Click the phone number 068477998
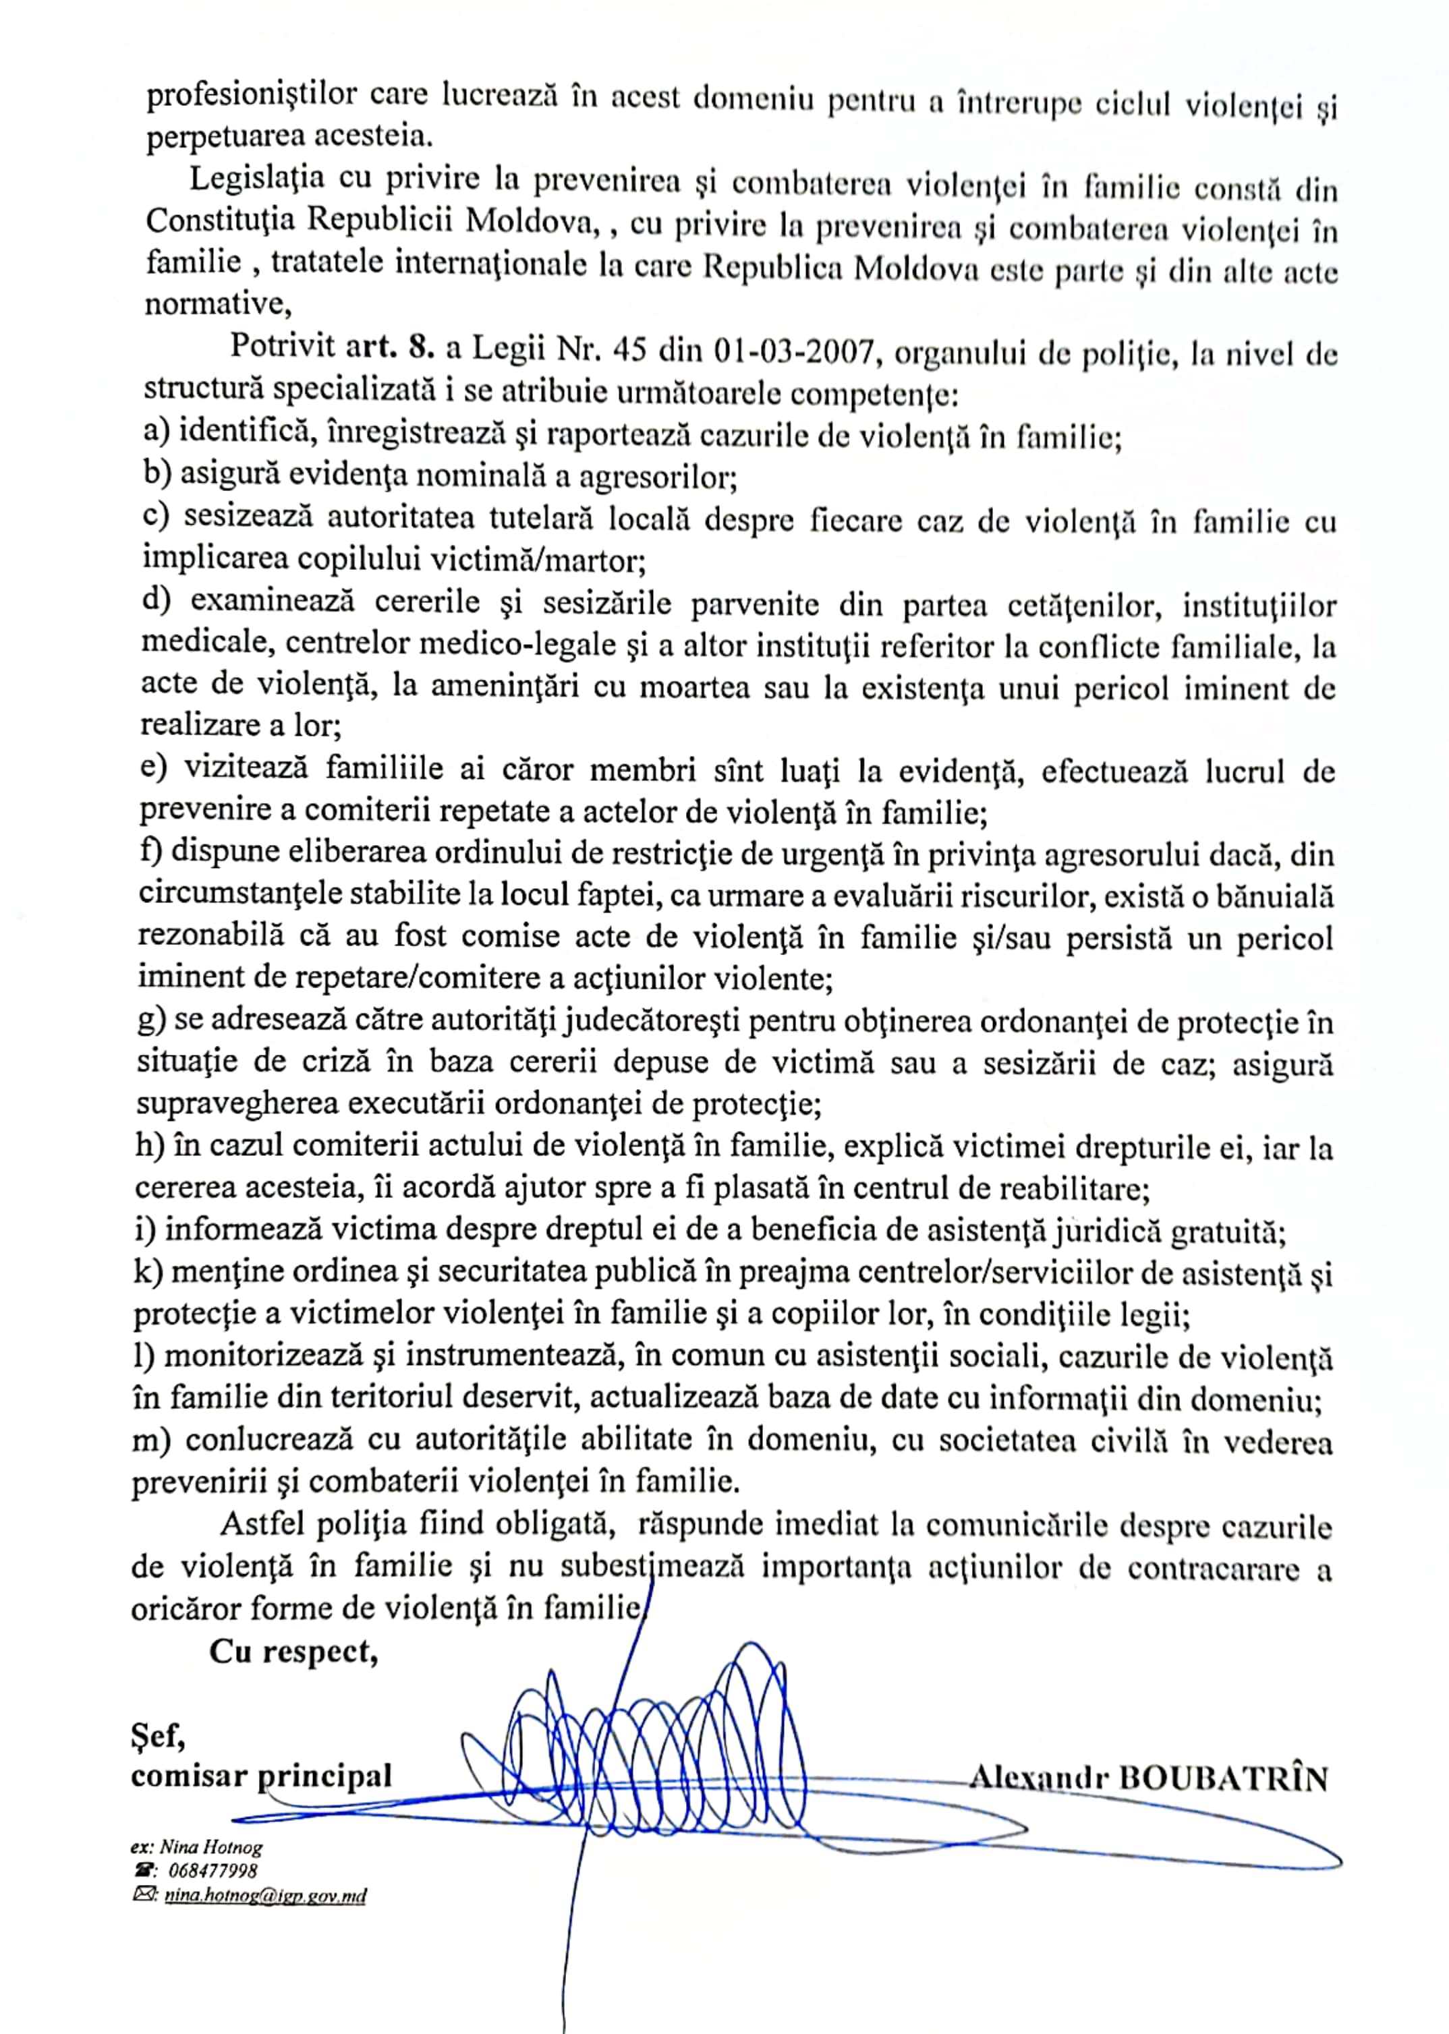(212, 1871)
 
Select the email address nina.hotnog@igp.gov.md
(262, 1896)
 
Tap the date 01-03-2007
(793, 353)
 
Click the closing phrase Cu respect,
(293, 1652)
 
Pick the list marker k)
(148, 1274)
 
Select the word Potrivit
(282, 346)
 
